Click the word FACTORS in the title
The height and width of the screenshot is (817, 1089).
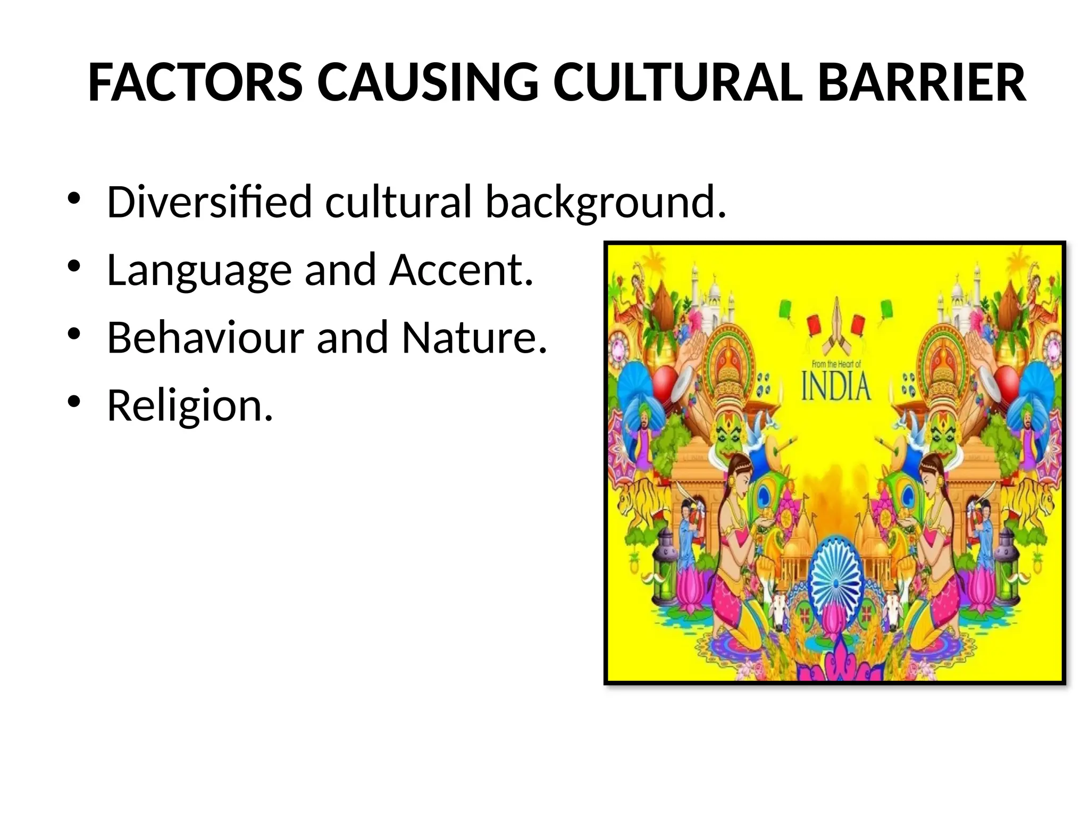click(x=195, y=84)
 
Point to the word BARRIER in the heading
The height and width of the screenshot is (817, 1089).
click(x=922, y=84)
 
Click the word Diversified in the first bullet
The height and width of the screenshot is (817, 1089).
click(x=209, y=202)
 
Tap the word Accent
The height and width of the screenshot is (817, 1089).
click(x=460, y=270)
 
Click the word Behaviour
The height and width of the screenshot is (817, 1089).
click(x=205, y=338)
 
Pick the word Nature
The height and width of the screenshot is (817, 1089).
click(x=474, y=338)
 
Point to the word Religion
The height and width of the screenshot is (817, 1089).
click(x=190, y=406)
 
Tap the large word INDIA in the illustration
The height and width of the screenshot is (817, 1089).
click(x=836, y=387)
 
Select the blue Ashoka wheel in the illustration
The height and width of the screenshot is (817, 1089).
click(x=836, y=583)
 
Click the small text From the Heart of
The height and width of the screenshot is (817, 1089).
click(x=836, y=364)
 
